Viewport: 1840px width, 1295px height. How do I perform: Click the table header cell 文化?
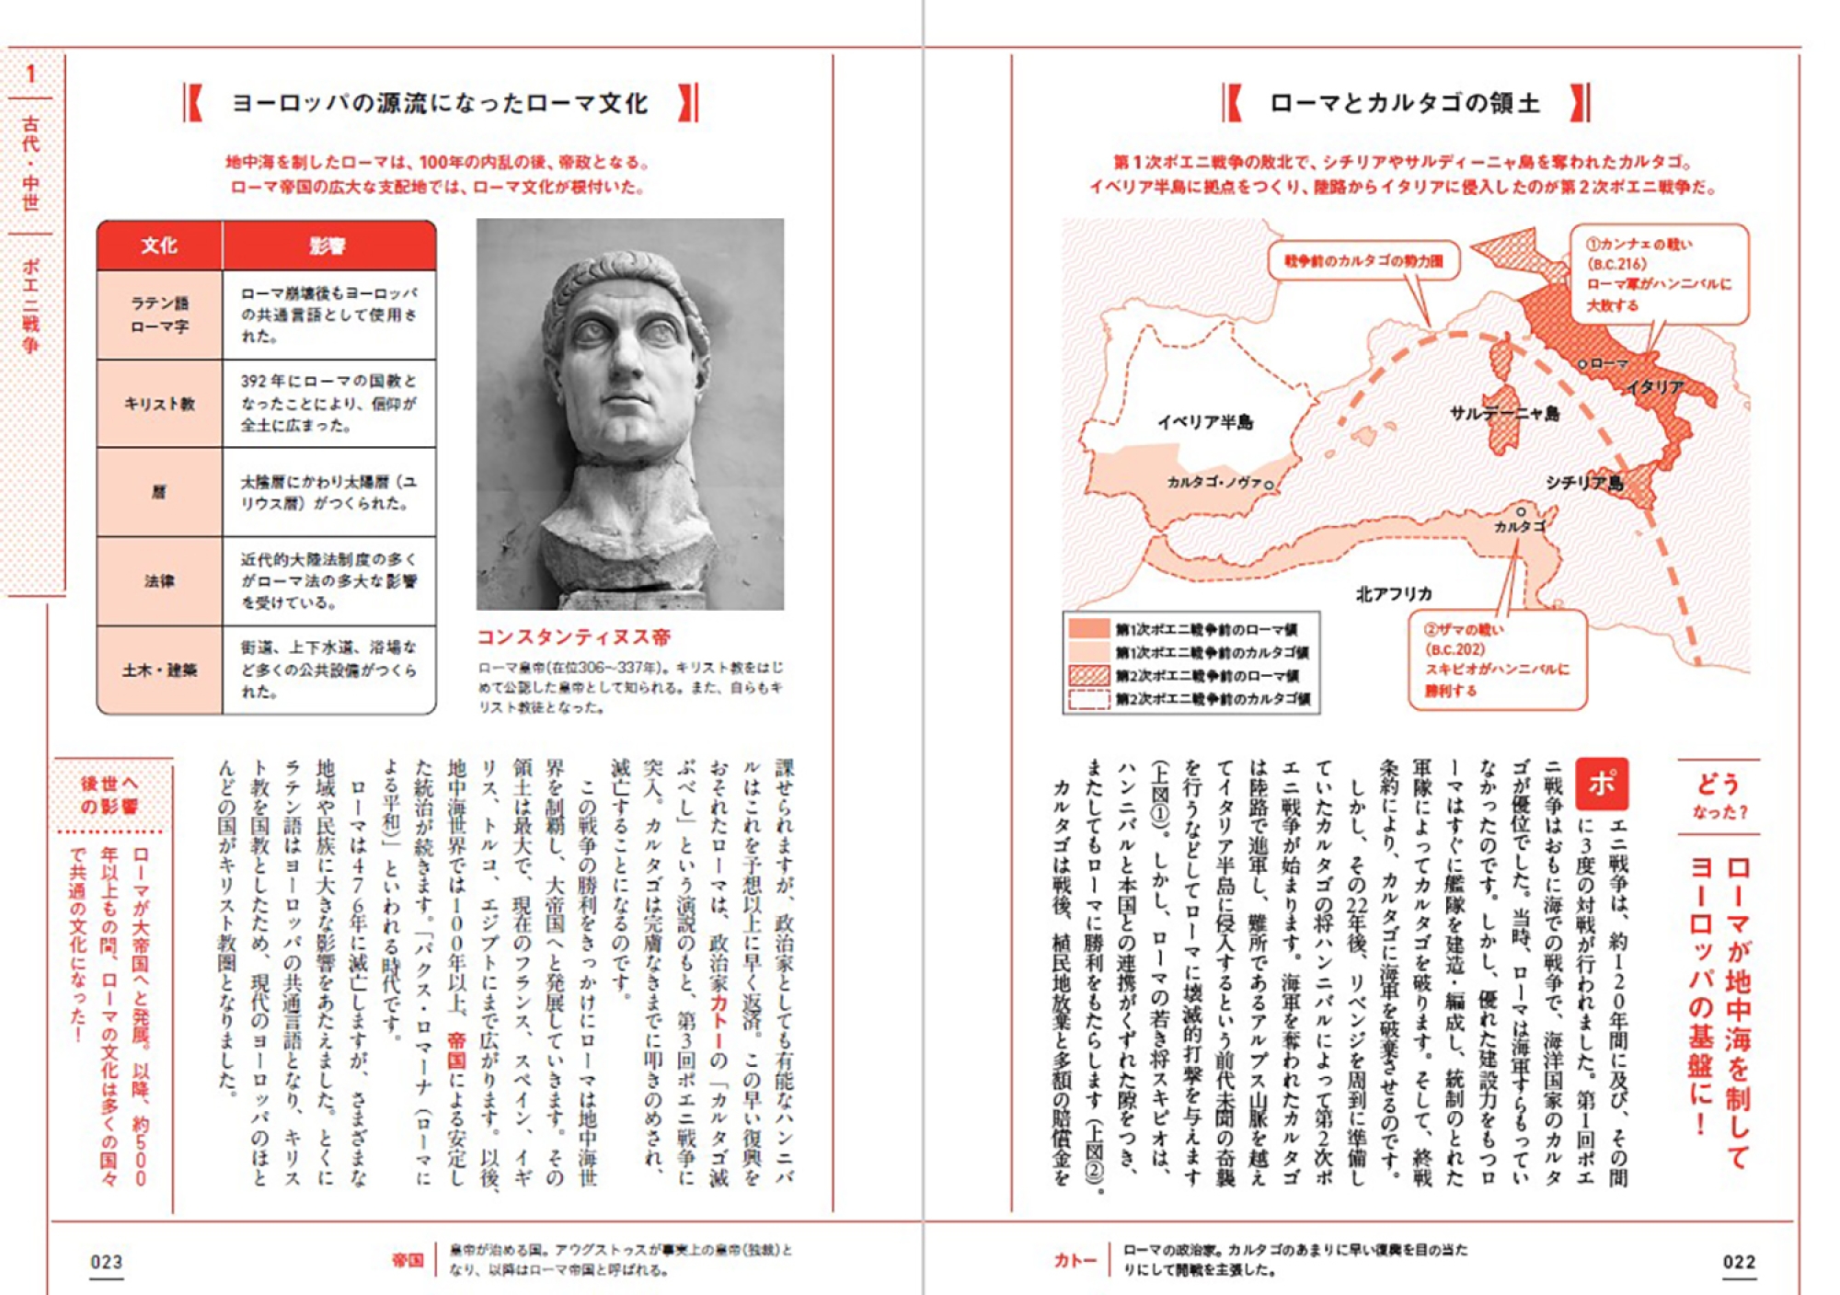pyautogui.click(x=159, y=246)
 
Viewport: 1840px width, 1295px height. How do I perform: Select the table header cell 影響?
pyautogui.click(x=328, y=246)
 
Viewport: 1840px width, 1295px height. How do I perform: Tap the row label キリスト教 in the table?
pyautogui.click(x=159, y=404)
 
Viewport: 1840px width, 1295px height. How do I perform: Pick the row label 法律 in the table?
pyautogui.click(x=159, y=580)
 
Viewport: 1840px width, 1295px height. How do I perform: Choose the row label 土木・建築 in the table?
pyautogui.click(x=159, y=670)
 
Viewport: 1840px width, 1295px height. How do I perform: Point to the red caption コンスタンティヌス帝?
pyautogui.click(x=573, y=636)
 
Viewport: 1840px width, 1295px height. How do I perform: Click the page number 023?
pyautogui.click(x=107, y=1262)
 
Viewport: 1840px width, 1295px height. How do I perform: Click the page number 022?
pyautogui.click(x=1739, y=1262)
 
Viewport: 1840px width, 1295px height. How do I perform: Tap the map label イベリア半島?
pyautogui.click(x=1205, y=422)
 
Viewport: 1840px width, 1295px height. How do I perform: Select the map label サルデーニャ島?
pyautogui.click(x=1505, y=413)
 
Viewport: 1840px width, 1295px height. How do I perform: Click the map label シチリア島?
pyautogui.click(x=1584, y=482)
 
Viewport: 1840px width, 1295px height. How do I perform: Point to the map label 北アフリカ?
pyautogui.click(x=1394, y=593)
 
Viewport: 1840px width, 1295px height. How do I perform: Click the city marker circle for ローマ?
pyautogui.click(x=1582, y=365)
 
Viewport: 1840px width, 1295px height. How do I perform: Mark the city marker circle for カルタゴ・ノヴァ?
pyautogui.click(x=1269, y=485)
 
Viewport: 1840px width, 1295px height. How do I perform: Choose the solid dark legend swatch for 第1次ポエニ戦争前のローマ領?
pyautogui.click(x=1089, y=629)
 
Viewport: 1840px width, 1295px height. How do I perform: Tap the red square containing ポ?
pyautogui.click(x=1602, y=784)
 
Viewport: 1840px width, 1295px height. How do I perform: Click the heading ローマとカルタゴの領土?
pyautogui.click(x=1405, y=103)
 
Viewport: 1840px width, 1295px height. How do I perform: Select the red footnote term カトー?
pyautogui.click(x=1075, y=1260)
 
